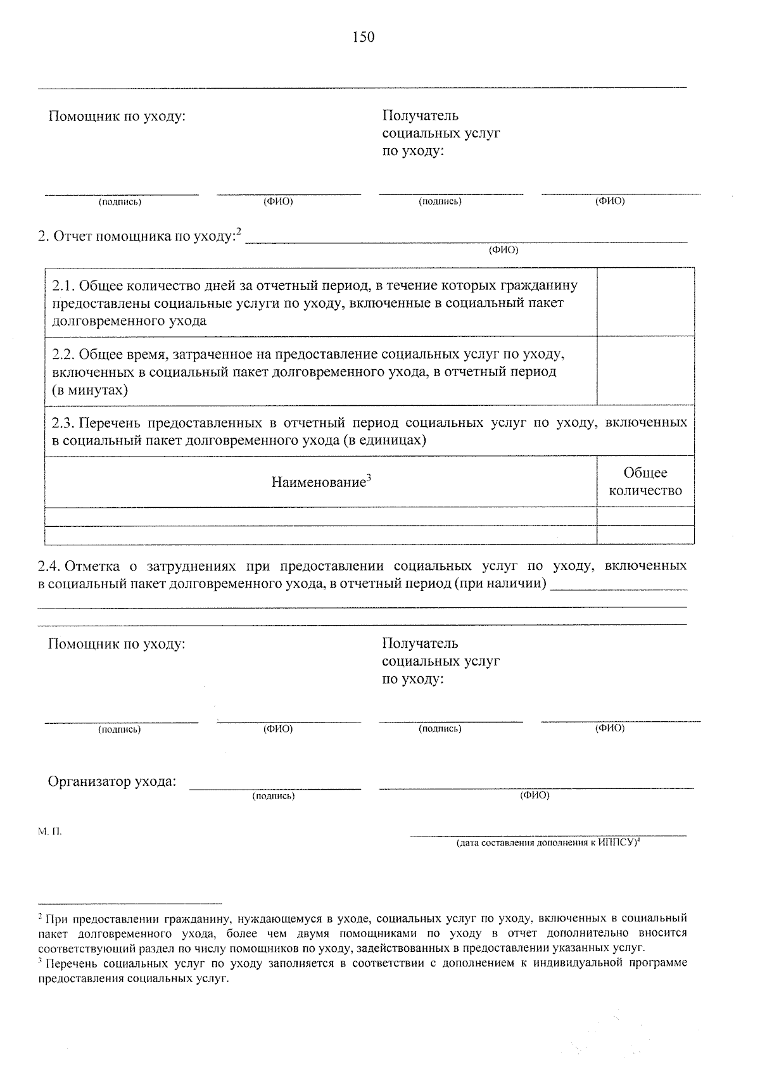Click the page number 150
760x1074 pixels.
tap(364, 37)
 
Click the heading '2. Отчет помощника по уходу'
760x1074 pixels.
tap(139, 237)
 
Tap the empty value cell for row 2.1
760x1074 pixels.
tap(645, 301)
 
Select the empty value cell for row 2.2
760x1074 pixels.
tap(645, 370)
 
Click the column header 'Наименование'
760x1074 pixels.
tap(320, 482)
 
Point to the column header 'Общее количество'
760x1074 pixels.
tap(645, 482)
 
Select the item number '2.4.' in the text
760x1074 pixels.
tap(49, 565)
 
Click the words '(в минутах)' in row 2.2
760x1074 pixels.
tap(90, 389)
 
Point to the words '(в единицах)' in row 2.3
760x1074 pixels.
tap(384, 440)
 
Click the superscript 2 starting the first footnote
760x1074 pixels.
tap(41, 917)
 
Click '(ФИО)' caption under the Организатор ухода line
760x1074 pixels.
tap(535, 795)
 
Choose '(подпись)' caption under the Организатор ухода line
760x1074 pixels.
tap(273, 796)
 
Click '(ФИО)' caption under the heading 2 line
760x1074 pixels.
tap(503, 250)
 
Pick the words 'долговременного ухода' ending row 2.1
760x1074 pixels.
tap(129, 321)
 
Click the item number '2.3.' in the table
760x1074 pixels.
tap(63, 422)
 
